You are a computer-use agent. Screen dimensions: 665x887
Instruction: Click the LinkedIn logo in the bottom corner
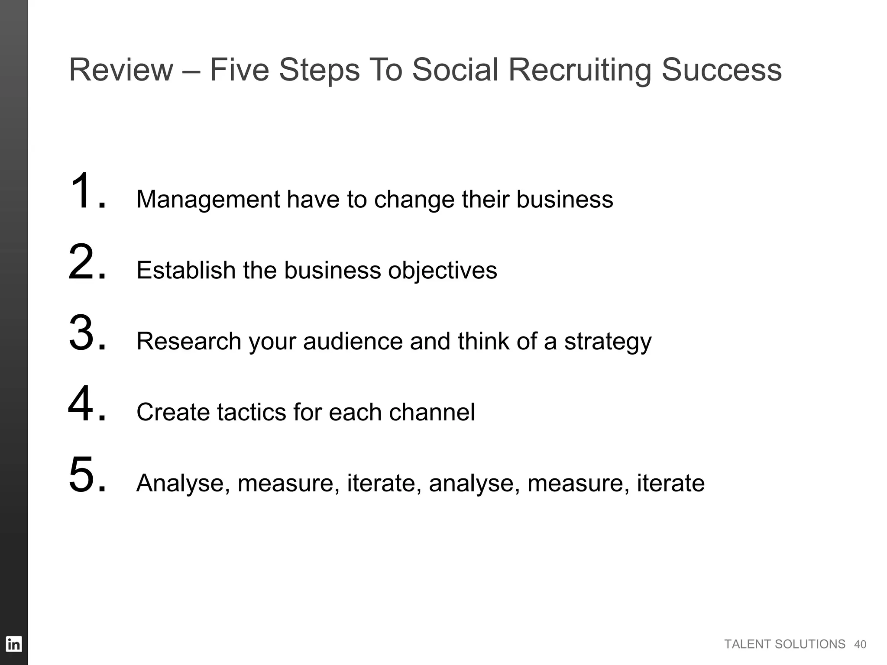click(x=14, y=644)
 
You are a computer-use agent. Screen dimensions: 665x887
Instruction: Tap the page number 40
click(x=860, y=645)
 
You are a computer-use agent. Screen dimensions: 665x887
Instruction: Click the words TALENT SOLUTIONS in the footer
click(x=784, y=644)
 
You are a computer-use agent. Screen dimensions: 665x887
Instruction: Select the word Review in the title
click(x=121, y=70)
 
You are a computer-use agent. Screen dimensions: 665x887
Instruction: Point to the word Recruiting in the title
click(x=579, y=70)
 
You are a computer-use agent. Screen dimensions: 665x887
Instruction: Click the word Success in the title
click(x=722, y=70)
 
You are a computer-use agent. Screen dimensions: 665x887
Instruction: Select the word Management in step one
click(x=208, y=200)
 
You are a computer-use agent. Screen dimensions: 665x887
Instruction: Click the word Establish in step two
click(x=186, y=270)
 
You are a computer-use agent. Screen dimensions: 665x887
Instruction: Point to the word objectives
click(x=442, y=271)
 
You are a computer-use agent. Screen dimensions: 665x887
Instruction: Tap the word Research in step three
click(x=189, y=341)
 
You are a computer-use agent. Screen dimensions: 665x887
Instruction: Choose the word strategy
click(x=608, y=342)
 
